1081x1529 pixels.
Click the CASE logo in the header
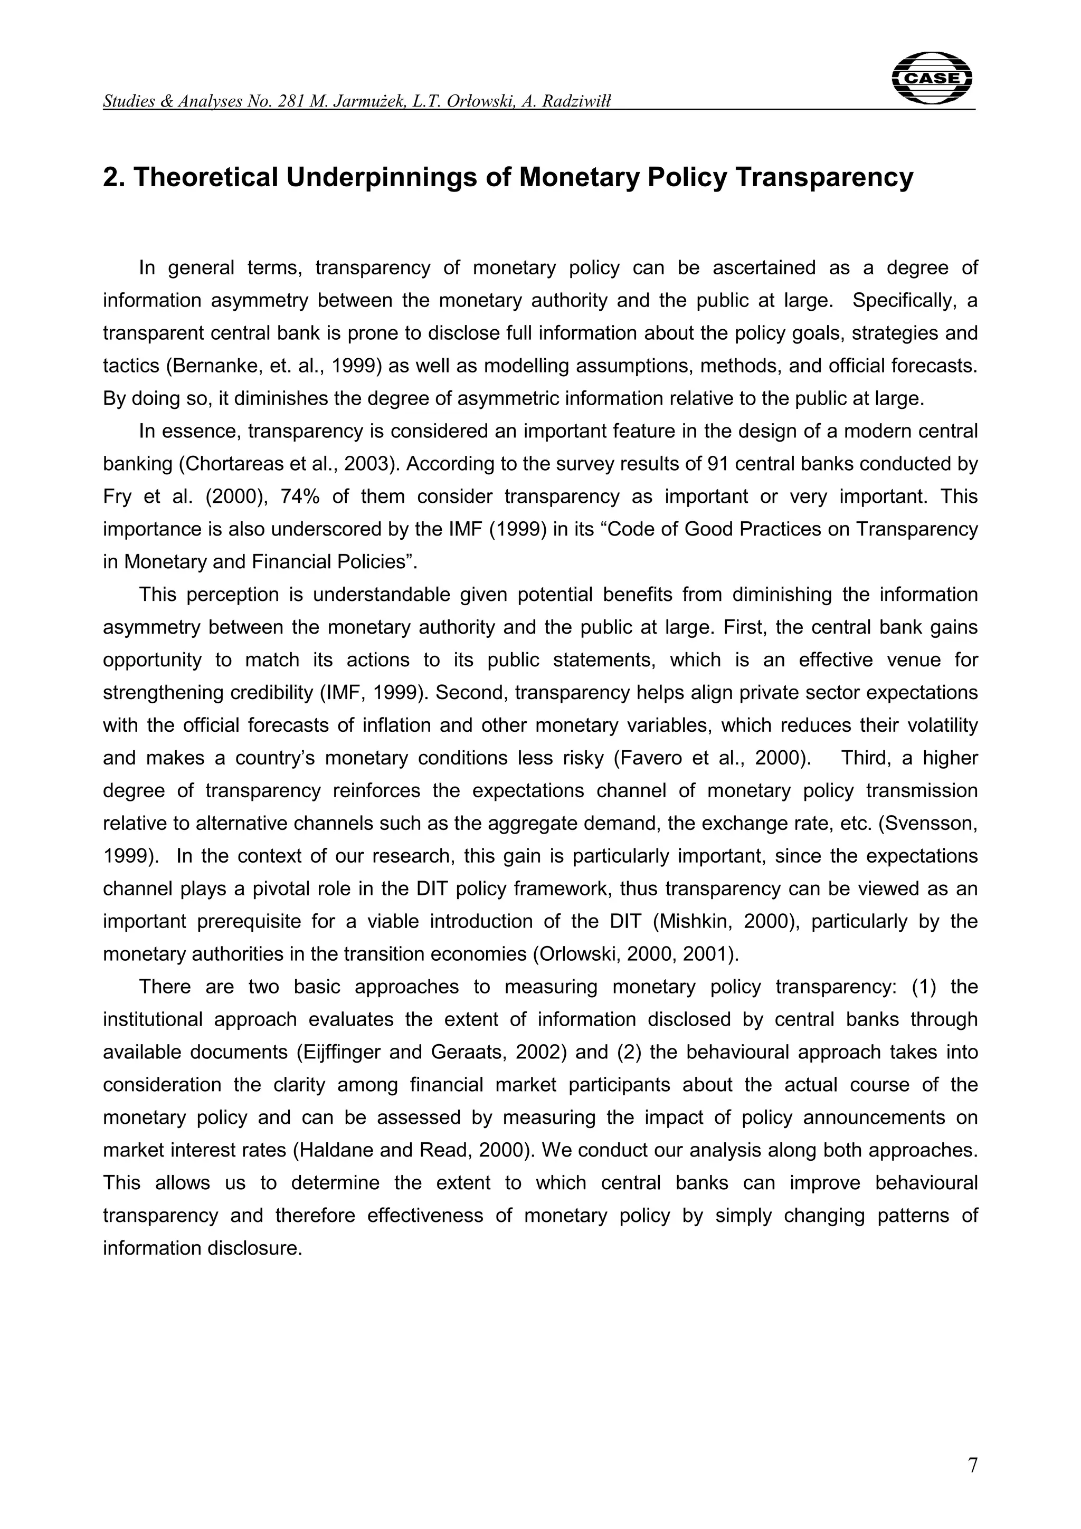pos(931,79)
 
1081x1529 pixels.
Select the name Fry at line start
pos(117,496)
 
